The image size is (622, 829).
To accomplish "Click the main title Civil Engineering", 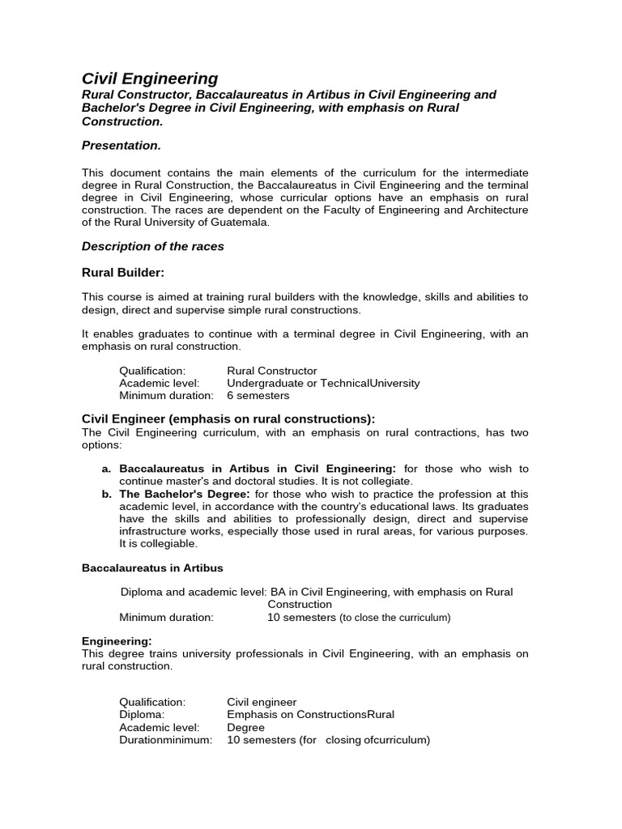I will tap(150, 79).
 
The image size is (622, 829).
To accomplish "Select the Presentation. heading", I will tap(121, 145).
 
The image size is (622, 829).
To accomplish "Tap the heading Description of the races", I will tap(153, 246).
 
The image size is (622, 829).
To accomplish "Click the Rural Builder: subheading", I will tap(123, 272).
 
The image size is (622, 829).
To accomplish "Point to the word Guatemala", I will tap(243, 222).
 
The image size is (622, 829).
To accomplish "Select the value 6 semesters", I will tap(258, 396).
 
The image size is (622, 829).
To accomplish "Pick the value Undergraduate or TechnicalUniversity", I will tap(323, 383).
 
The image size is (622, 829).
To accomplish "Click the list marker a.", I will tap(106, 469).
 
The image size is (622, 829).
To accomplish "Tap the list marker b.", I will tap(106, 494).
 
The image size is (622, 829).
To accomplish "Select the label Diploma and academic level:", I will tap(192, 592).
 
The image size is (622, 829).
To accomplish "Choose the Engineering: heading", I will tap(117, 641).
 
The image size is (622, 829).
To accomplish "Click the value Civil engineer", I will tap(262, 702).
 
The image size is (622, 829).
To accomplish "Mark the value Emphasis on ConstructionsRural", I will tap(310, 715).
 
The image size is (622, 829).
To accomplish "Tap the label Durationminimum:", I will tap(166, 740).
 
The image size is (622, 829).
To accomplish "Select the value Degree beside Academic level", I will tap(245, 728).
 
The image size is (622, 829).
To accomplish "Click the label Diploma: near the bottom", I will tap(142, 715).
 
